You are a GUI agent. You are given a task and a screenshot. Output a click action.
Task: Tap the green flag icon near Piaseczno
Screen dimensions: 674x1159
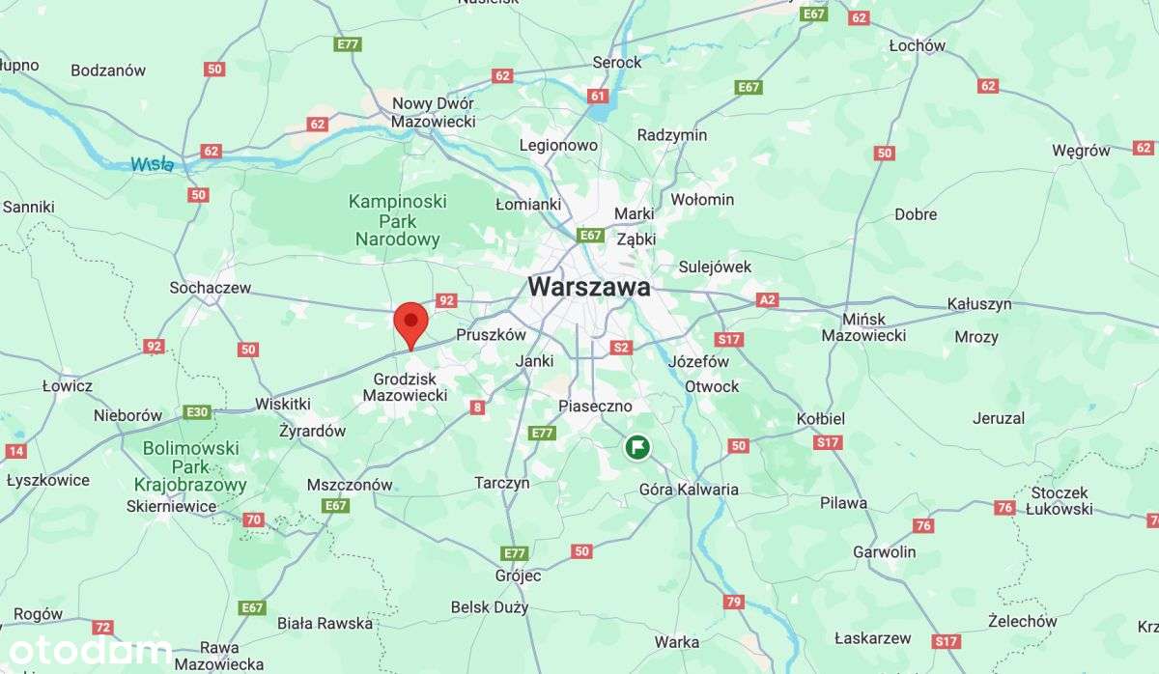(636, 447)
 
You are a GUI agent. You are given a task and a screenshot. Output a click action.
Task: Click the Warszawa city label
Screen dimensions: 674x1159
(589, 288)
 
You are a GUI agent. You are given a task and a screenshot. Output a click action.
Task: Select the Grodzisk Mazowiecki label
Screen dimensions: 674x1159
(405, 386)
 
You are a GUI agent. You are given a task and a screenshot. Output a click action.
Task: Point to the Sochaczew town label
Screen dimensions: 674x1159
(210, 288)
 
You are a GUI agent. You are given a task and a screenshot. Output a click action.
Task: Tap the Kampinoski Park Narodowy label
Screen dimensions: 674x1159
(397, 220)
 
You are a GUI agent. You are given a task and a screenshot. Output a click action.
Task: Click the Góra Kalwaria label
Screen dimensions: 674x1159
(689, 490)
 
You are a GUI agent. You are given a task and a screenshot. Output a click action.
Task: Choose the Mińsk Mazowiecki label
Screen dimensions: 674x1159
(863, 326)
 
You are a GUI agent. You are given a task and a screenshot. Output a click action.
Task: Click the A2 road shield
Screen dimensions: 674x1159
(767, 300)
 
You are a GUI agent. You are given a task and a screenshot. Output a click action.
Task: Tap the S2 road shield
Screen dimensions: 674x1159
(621, 348)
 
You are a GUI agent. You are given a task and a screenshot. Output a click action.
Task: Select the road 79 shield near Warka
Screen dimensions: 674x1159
(733, 603)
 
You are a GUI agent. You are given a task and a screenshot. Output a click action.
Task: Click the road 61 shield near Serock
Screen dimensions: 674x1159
(598, 96)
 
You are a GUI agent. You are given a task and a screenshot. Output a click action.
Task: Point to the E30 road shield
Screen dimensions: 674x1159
(197, 412)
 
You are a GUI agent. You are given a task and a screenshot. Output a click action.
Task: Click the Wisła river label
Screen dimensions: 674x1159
(153, 165)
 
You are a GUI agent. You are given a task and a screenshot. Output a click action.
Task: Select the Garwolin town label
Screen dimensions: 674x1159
(884, 552)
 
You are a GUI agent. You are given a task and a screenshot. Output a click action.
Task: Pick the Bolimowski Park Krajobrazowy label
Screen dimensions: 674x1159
(190, 467)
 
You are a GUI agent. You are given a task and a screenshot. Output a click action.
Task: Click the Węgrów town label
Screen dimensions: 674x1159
(1081, 151)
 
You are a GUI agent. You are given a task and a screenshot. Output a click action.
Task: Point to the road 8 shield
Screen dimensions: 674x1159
(477, 407)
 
